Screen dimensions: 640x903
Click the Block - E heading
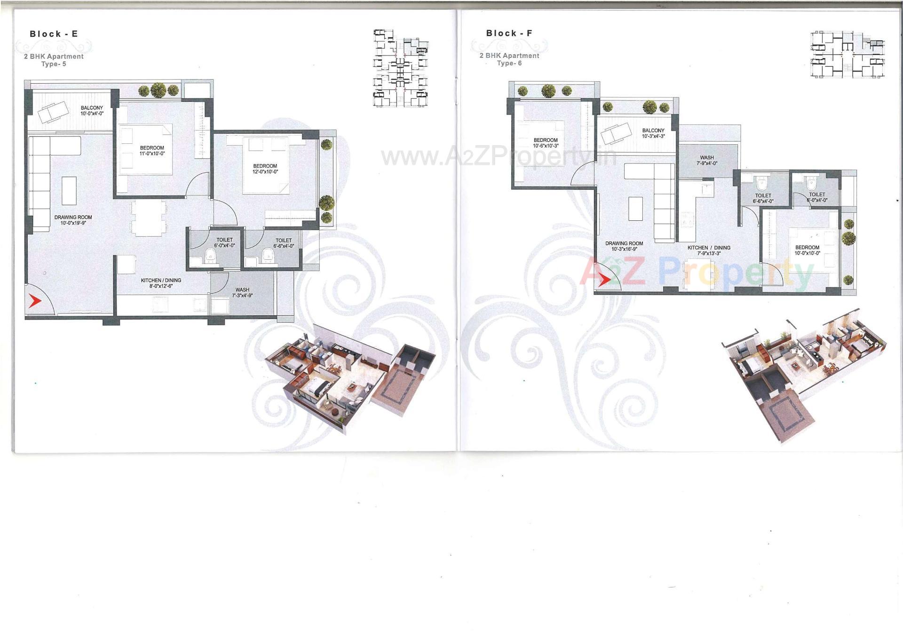point(54,34)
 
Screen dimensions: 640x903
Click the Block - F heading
point(509,33)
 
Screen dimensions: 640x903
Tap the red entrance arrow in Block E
point(34,301)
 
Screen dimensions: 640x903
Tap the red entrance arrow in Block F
point(603,280)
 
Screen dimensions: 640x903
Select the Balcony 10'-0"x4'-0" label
point(92,110)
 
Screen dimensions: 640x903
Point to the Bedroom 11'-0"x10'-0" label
point(152,151)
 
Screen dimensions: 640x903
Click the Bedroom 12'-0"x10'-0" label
point(265,169)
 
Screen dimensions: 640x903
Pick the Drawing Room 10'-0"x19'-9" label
point(73,220)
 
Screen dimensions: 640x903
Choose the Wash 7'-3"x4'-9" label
point(242,293)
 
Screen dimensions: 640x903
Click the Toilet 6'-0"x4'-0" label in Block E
point(224,242)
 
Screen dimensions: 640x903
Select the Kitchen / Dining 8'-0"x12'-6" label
point(161,283)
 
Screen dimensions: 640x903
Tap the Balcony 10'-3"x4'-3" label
point(653,133)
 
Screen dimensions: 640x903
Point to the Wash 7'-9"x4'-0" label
point(706,161)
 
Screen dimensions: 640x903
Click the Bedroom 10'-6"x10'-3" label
point(546,143)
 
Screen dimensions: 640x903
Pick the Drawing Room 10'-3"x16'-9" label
point(624,246)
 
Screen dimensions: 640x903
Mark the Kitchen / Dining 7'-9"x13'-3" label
point(709,250)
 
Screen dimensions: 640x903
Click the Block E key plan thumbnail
point(401,68)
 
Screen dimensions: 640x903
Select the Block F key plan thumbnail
point(847,55)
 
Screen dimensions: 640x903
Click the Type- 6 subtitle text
point(509,63)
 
